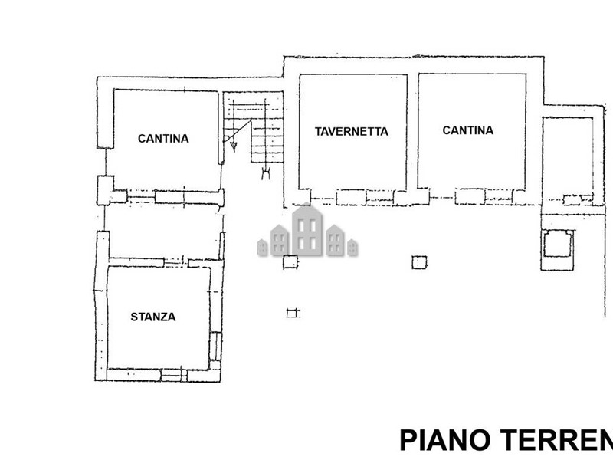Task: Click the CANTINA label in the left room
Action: (163, 139)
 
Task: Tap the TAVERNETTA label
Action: (352, 131)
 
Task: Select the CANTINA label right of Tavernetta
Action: (467, 130)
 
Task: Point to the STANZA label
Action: (152, 317)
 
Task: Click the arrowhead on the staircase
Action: (234, 146)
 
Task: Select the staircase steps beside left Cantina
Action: (254, 127)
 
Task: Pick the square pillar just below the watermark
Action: (290, 261)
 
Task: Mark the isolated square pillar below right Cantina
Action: (419, 262)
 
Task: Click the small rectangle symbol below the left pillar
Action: (293, 313)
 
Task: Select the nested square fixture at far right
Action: (558, 243)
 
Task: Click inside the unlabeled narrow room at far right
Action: (567, 156)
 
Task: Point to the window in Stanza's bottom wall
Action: (174, 375)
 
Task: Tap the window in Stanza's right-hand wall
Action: (215, 346)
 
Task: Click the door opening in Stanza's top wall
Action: (175, 262)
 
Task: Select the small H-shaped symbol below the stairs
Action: (266, 172)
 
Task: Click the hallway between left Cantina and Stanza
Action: (163, 231)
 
